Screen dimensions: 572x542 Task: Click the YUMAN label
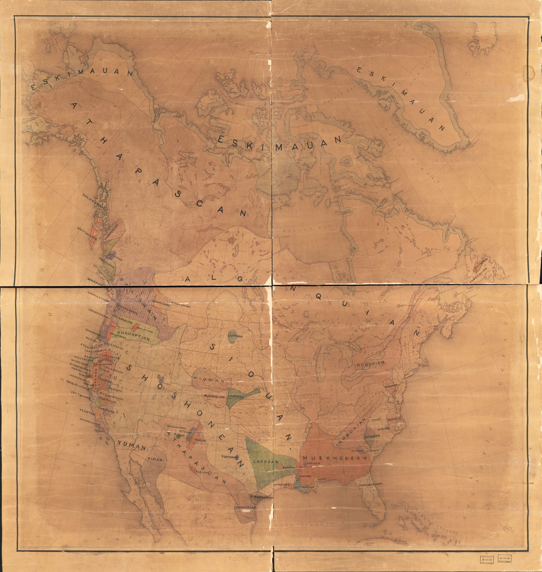(132, 447)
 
